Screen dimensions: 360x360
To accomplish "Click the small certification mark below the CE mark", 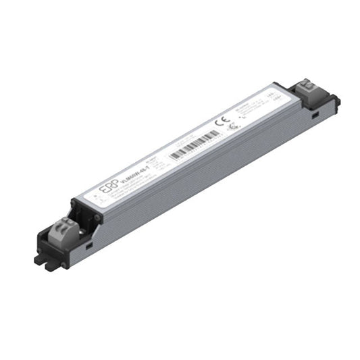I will (x=234, y=126).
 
